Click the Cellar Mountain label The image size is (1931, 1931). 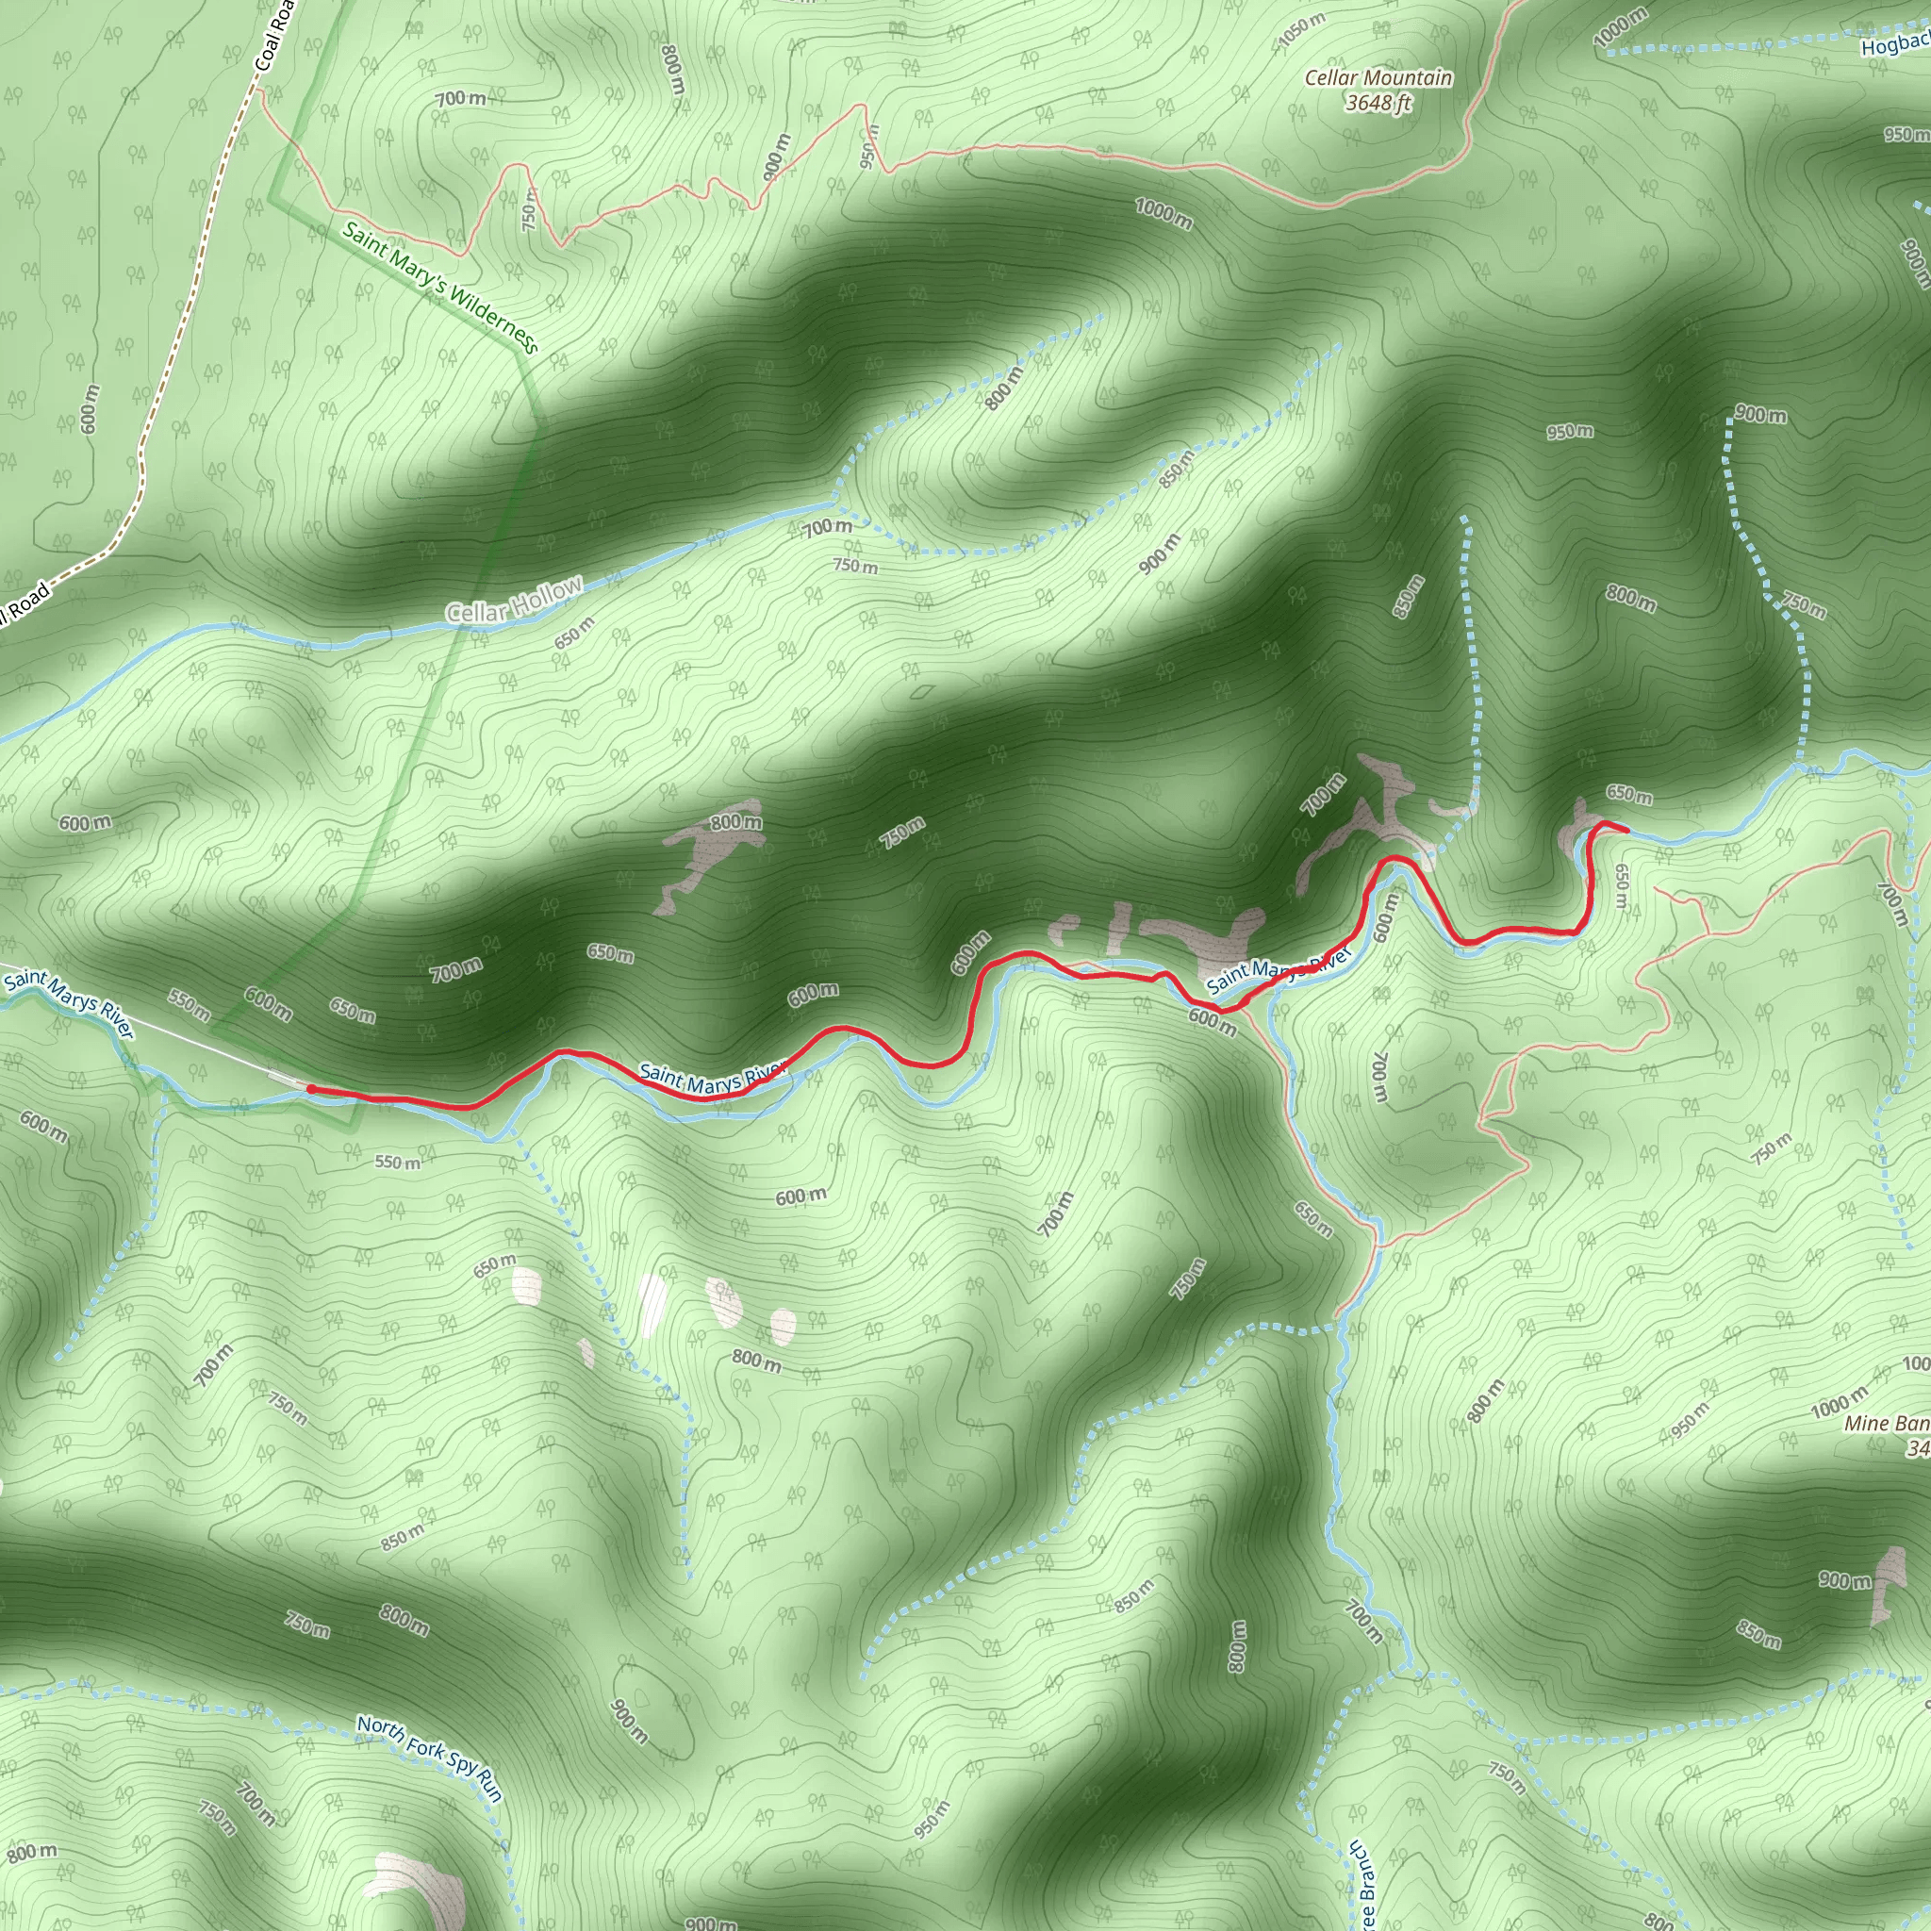[1378, 78]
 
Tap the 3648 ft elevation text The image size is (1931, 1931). [1378, 103]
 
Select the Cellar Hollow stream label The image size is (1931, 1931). [514, 600]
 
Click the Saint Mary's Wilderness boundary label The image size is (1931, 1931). [439, 287]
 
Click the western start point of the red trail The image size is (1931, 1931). [311, 1088]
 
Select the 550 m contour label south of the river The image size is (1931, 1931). [398, 1163]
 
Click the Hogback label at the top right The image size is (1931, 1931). [1895, 44]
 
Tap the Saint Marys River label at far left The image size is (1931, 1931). [68, 1002]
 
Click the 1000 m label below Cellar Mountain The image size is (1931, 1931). [1164, 213]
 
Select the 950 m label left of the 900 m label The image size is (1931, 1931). [1570, 432]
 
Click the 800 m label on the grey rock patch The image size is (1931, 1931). [735, 821]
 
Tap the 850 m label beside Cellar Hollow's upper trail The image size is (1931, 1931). [1178, 468]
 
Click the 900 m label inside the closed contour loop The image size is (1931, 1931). [629, 1720]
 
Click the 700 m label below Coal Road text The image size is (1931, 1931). [461, 98]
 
